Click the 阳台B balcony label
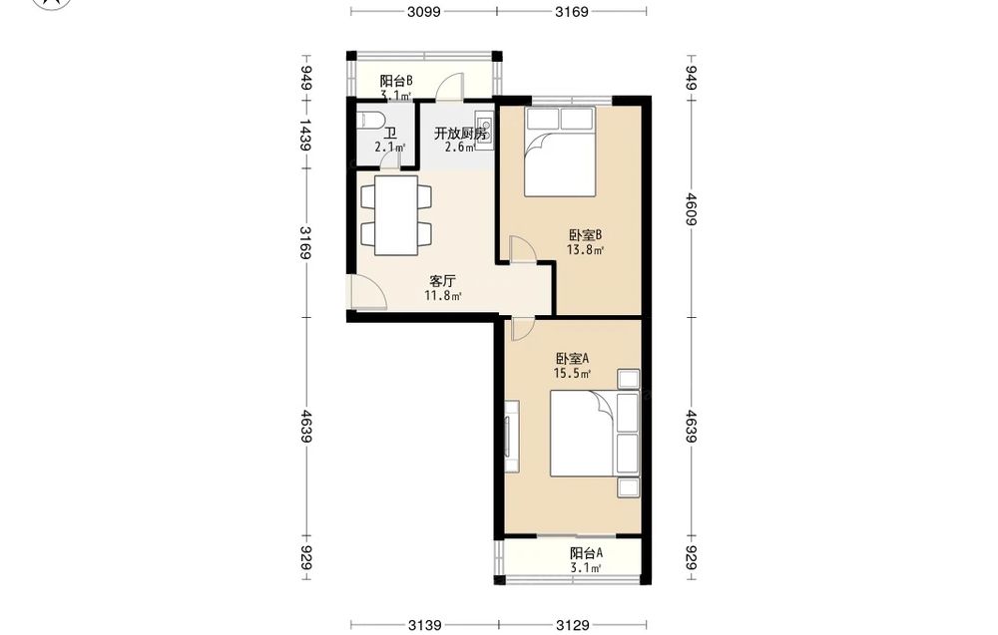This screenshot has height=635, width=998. pyautogui.click(x=396, y=82)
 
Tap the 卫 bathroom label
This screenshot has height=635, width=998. pyautogui.click(x=389, y=135)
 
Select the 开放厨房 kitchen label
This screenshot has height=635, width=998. pyautogui.click(x=461, y=135)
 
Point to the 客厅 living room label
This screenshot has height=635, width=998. pyautogui.click(x=442, y=281)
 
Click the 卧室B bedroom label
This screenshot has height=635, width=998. pyautogui.click(x=585, y=236)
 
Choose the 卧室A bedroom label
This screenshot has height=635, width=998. pyautogui.click(x=572, y=359)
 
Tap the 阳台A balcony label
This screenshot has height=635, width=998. pyautogui.click(x=586, y=553)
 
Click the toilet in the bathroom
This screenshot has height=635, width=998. pyautogui.click(x=370, y=120)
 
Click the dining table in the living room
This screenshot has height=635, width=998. pyautogui.click(x=396, y=215)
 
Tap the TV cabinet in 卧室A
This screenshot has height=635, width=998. pyautogui.click(x=512, y=436)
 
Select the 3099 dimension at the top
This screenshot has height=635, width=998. pyautogui.click(x=424, y=11)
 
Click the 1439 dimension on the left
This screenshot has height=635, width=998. pyautogui.click(x=306, y=135)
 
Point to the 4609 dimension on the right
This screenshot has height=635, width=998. pyautogui.click(x=692, y=208)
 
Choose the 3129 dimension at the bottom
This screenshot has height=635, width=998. pyautogui.click(x=572, y=625)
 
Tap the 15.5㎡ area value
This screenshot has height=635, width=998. pyautogui.click(x=572, y=374)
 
